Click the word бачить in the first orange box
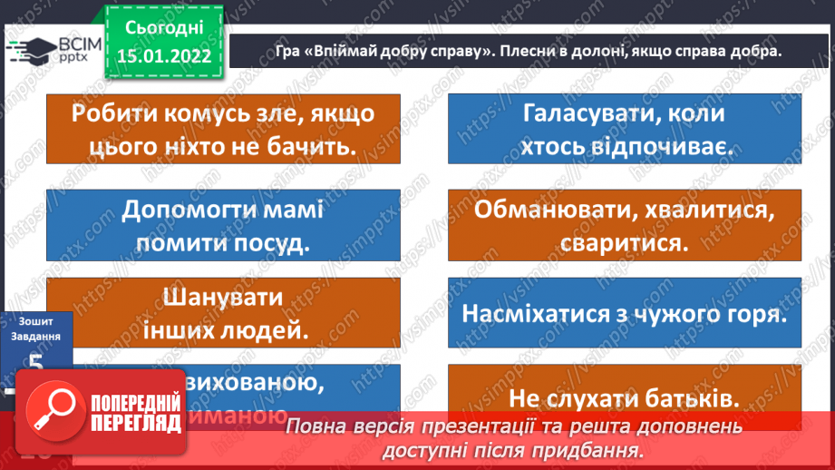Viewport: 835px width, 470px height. [307, 145]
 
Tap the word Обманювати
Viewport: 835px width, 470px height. [549, 211]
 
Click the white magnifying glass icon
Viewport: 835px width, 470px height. [54, 407]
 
